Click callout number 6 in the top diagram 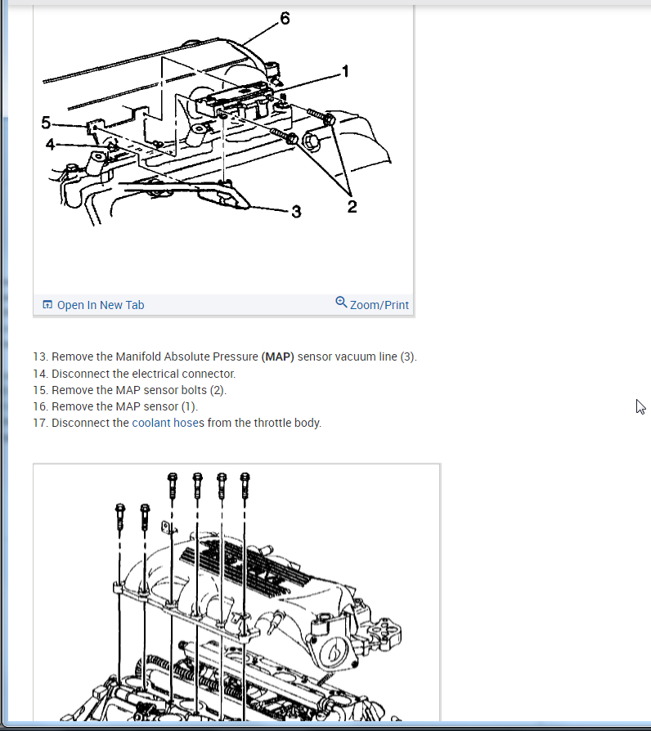pos(285,19)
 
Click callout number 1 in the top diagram pos(345,71)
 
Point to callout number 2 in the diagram pos(352,207)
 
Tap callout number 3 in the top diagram pos(296,212)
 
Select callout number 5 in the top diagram pos(46,123)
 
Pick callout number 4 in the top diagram pos(50,145)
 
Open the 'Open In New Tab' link pos(100,305)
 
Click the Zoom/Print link pos(379,305)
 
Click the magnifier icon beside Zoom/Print pos(341,303)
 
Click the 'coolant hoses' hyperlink pos(168,423)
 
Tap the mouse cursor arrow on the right pos(640,406)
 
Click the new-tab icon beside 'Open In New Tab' pos(47,305)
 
